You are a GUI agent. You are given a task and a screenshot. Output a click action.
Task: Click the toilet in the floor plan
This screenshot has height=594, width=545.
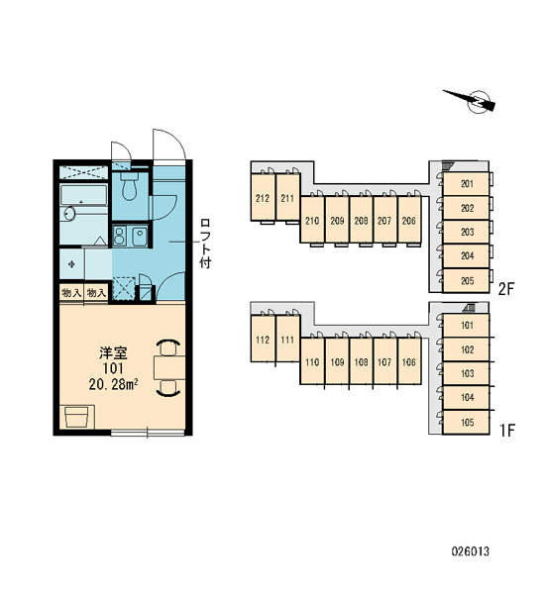[130, 186]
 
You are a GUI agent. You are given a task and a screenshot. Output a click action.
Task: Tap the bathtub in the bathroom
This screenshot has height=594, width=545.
[84, 195]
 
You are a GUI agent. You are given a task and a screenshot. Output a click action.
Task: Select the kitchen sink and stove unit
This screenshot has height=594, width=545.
[130, 236]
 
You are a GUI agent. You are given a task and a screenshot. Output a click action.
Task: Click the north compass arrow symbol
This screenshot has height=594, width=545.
[471, 101]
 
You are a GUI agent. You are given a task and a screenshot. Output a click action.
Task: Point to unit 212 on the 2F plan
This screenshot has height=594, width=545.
[263, 198]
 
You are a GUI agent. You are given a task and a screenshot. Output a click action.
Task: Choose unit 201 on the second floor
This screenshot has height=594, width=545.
[466, 184]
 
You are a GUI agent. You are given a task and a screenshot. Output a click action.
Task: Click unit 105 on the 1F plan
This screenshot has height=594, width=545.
[466, 422]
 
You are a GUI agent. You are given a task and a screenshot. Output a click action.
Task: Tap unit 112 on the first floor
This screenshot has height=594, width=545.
[263, 339]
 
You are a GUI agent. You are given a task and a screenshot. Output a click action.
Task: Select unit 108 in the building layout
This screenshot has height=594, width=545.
[361, 361]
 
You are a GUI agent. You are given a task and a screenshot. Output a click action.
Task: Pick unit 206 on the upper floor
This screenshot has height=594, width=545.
[408, 220]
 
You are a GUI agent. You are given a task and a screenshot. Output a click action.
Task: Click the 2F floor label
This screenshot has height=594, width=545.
[506, 289]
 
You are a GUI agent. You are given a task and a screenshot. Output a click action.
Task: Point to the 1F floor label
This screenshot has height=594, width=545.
[507, 431]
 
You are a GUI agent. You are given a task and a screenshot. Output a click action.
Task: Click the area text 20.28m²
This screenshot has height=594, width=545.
[113, 384]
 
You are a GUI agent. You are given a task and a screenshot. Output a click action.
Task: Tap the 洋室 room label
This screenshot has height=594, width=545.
[113, 352]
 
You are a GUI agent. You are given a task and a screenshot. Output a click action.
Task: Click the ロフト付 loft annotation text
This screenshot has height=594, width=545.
[205, 244]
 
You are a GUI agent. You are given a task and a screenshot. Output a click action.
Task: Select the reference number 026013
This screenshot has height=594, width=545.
[471, 550]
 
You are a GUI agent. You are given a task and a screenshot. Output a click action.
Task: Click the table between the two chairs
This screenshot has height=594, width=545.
[169, 367]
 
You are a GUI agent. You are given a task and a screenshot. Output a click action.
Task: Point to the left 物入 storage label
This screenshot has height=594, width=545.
[71, 292]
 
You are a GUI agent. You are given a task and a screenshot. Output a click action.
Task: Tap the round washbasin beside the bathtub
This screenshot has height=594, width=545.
[69, 213]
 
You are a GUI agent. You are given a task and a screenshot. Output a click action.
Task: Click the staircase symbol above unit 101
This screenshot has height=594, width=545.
[469, 308]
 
